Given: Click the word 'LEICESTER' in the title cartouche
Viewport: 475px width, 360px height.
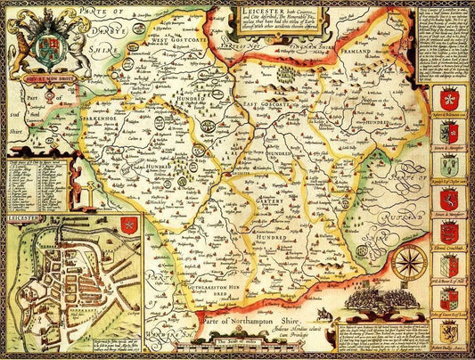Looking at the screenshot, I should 250,12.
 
